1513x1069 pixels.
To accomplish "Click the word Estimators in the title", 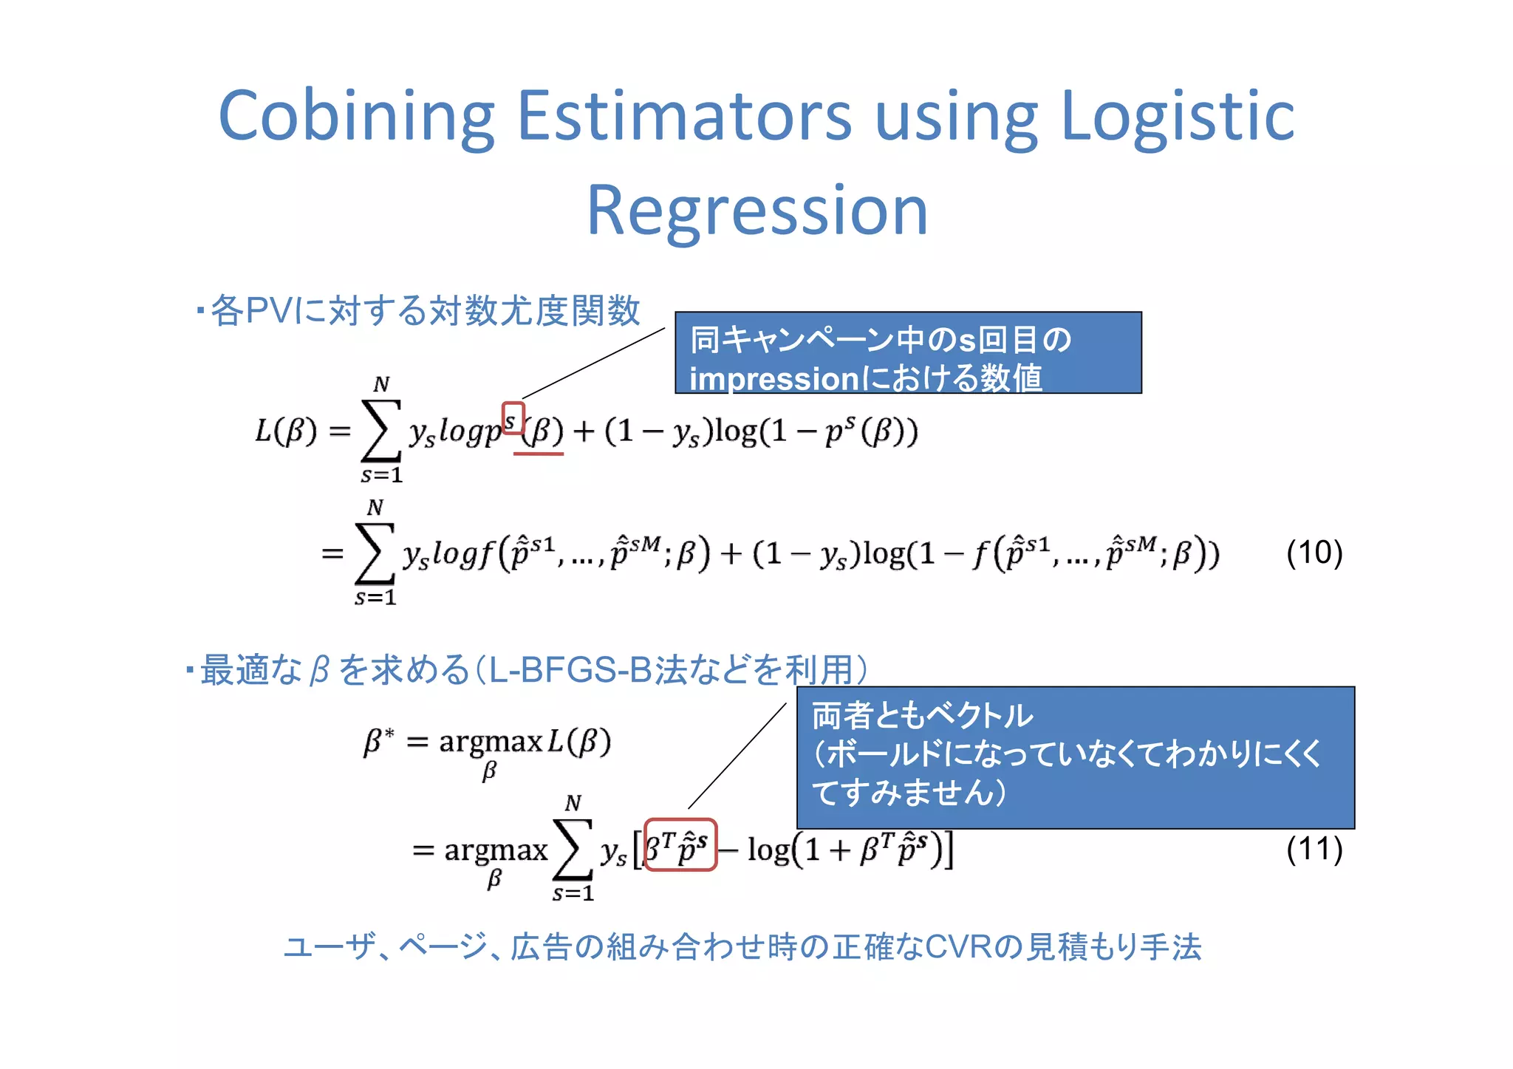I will [684, 117].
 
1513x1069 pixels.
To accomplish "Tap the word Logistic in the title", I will [1178, 117].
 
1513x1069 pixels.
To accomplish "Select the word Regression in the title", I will [756, 211].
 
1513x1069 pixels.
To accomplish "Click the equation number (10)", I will [1314, 553].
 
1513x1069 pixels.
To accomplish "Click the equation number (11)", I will [1314, 849].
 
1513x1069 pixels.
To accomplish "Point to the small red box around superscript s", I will [513, 418].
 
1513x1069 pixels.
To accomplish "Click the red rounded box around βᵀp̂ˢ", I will [680, 844].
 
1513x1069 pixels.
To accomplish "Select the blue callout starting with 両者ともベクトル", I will [1075, 757].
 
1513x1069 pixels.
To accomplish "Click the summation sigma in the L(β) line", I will [380, 431].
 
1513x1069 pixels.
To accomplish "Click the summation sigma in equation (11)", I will [573, 850].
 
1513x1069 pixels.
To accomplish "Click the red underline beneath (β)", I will [538, 454].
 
